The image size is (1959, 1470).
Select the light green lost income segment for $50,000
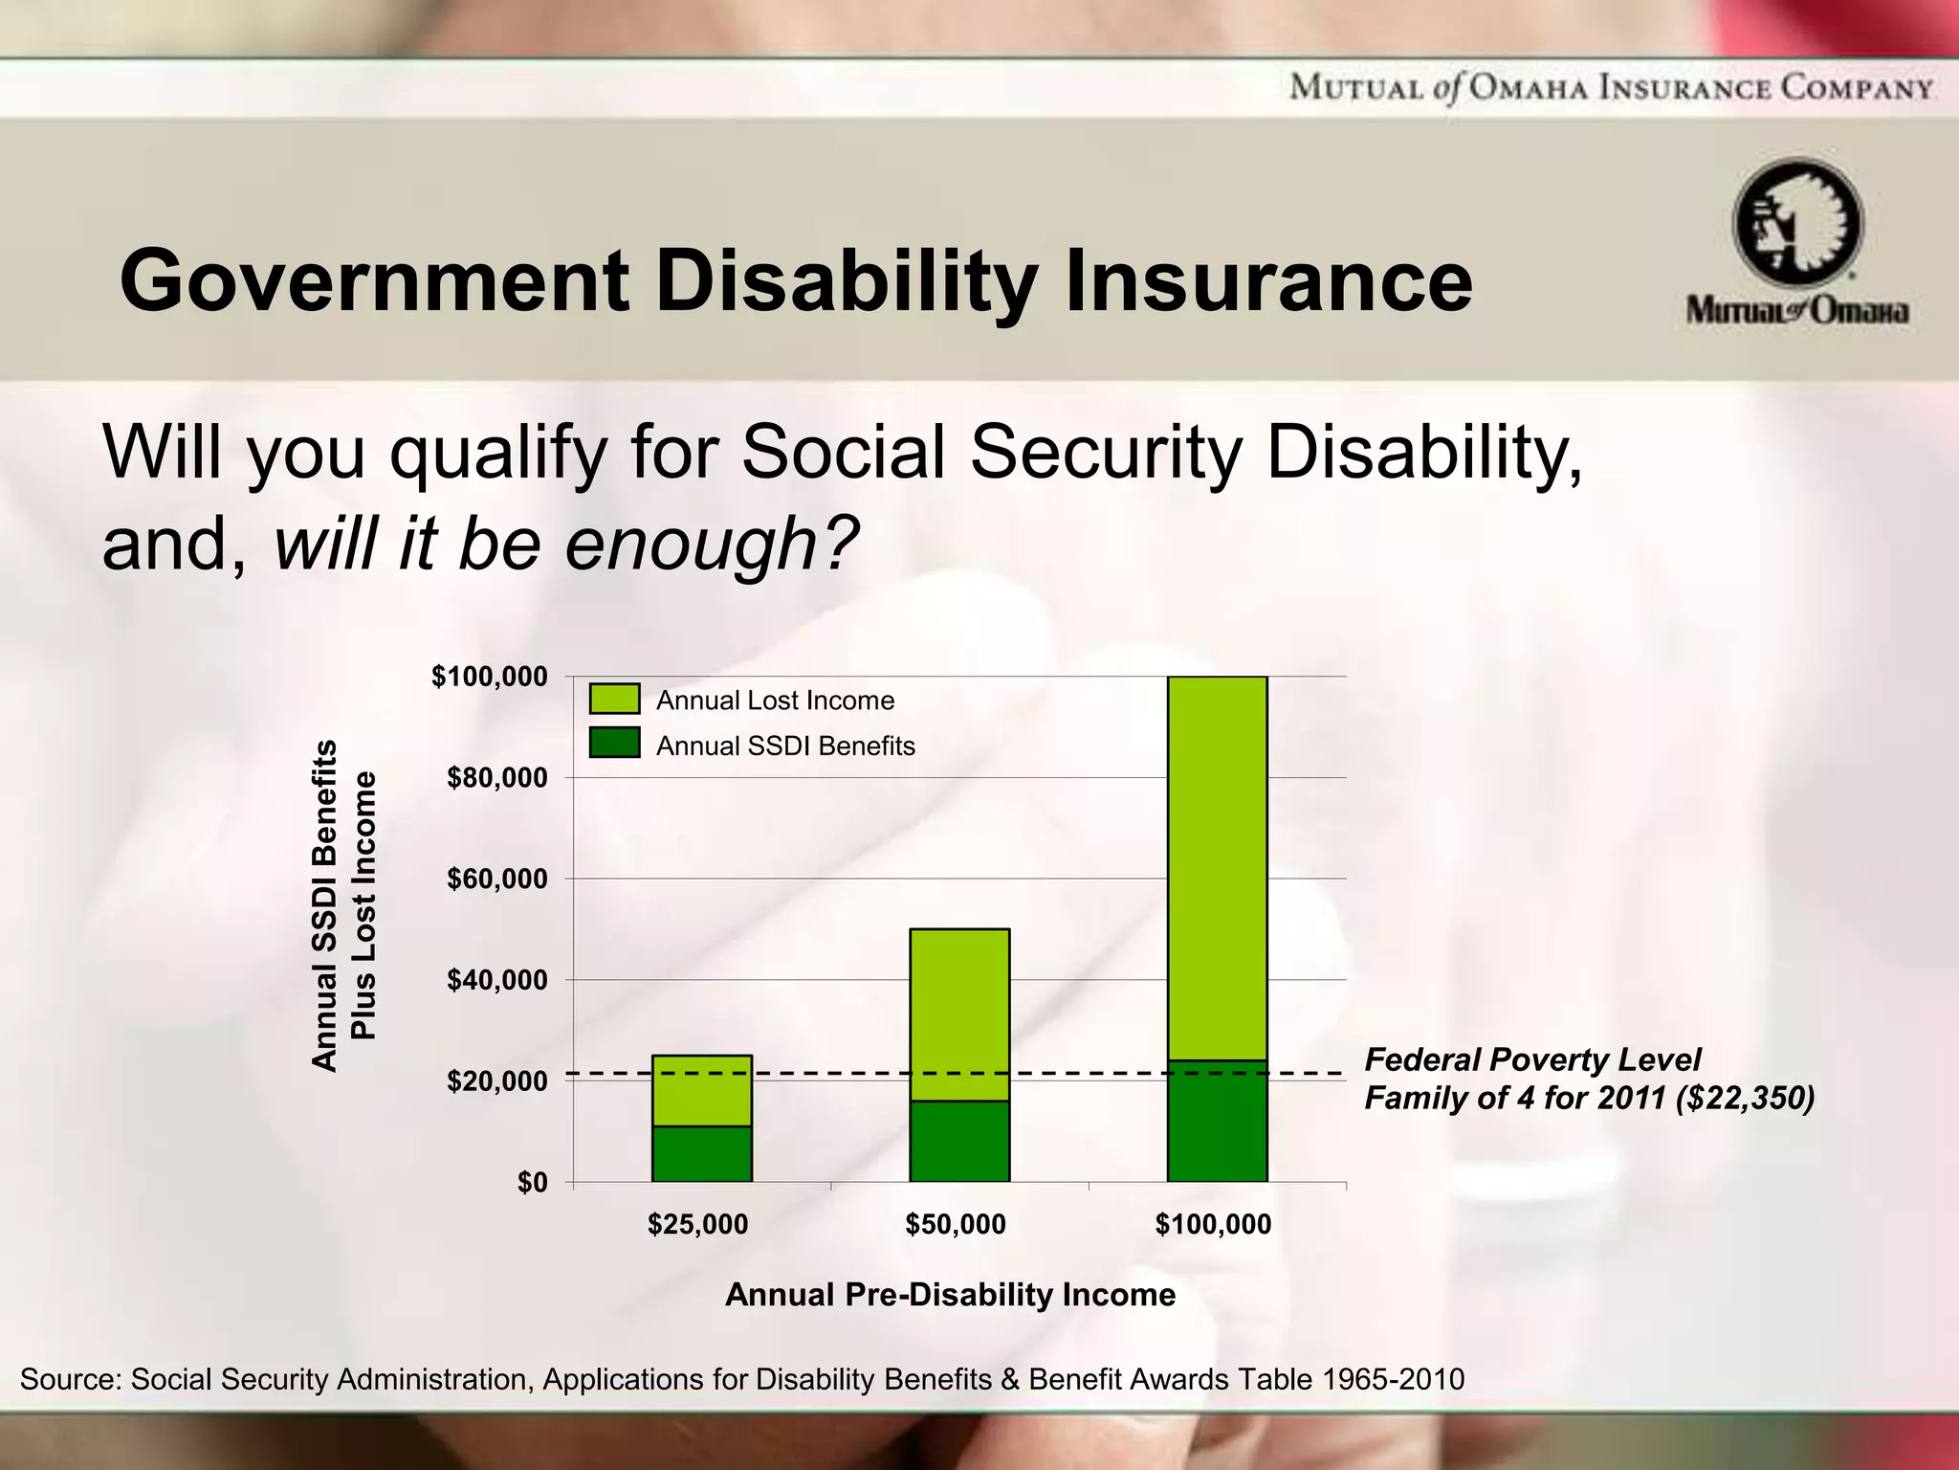point(958,1014)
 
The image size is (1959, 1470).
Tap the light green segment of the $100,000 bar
point(1217,866)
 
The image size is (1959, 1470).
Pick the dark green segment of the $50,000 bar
point(958,1141)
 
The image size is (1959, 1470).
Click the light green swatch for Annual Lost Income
point(613,699)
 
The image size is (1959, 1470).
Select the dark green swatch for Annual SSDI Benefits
point(613,744)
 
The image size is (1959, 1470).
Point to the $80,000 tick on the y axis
point(496,778)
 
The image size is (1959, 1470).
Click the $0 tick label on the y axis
point(532,1183)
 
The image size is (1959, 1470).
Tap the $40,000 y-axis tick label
point(496,981)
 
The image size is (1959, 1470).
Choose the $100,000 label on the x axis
point(1213,1224)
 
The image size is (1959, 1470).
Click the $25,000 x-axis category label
point(697,1224)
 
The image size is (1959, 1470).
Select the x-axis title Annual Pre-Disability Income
point(950,1295)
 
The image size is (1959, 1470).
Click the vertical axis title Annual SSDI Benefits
point(325,904)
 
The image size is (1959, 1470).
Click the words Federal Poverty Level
point(1531,1059)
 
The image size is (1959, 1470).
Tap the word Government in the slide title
point(373,280)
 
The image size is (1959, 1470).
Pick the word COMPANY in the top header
point(1855,89)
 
